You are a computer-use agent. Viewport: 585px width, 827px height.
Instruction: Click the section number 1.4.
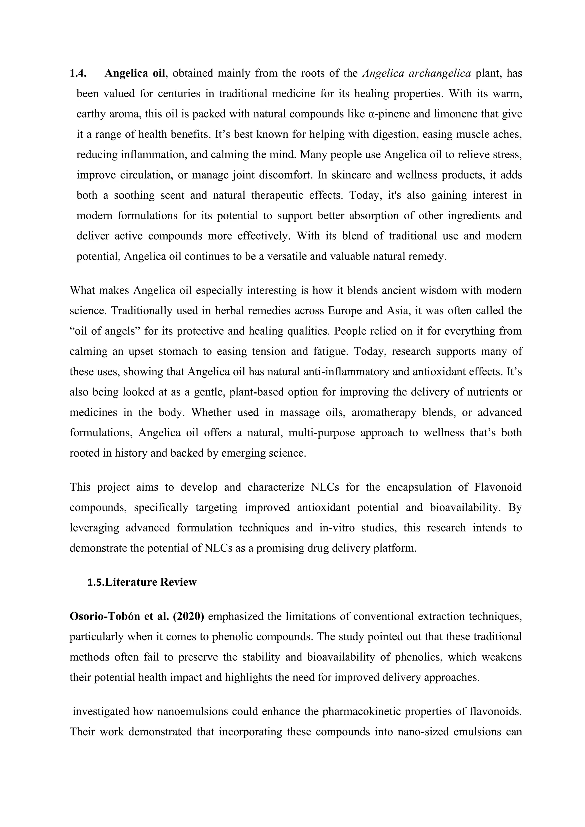click(78, 73)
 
